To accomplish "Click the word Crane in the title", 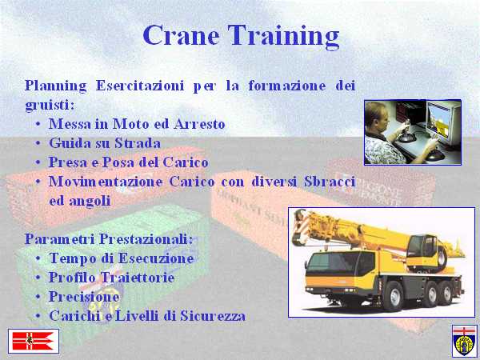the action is click(181, 35).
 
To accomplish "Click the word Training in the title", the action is click(283, 37).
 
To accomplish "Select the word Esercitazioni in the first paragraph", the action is click(140, 86).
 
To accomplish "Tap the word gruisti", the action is click(50, 106).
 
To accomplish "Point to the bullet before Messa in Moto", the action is click(38, 125).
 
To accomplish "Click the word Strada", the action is click(138, 143).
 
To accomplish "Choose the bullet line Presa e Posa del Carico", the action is click(129, 162).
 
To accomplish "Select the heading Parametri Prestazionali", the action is click(109, 239).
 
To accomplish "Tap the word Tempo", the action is click(73, 258).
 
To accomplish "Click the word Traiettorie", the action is click(138, 278).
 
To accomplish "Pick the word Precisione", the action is click(84, 297).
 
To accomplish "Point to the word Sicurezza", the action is click(213, 316).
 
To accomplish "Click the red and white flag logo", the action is click(34, 341).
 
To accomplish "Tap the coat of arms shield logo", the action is click(464, 341).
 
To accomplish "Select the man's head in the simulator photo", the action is click(376, 117).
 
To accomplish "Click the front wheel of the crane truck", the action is click(394, 296).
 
